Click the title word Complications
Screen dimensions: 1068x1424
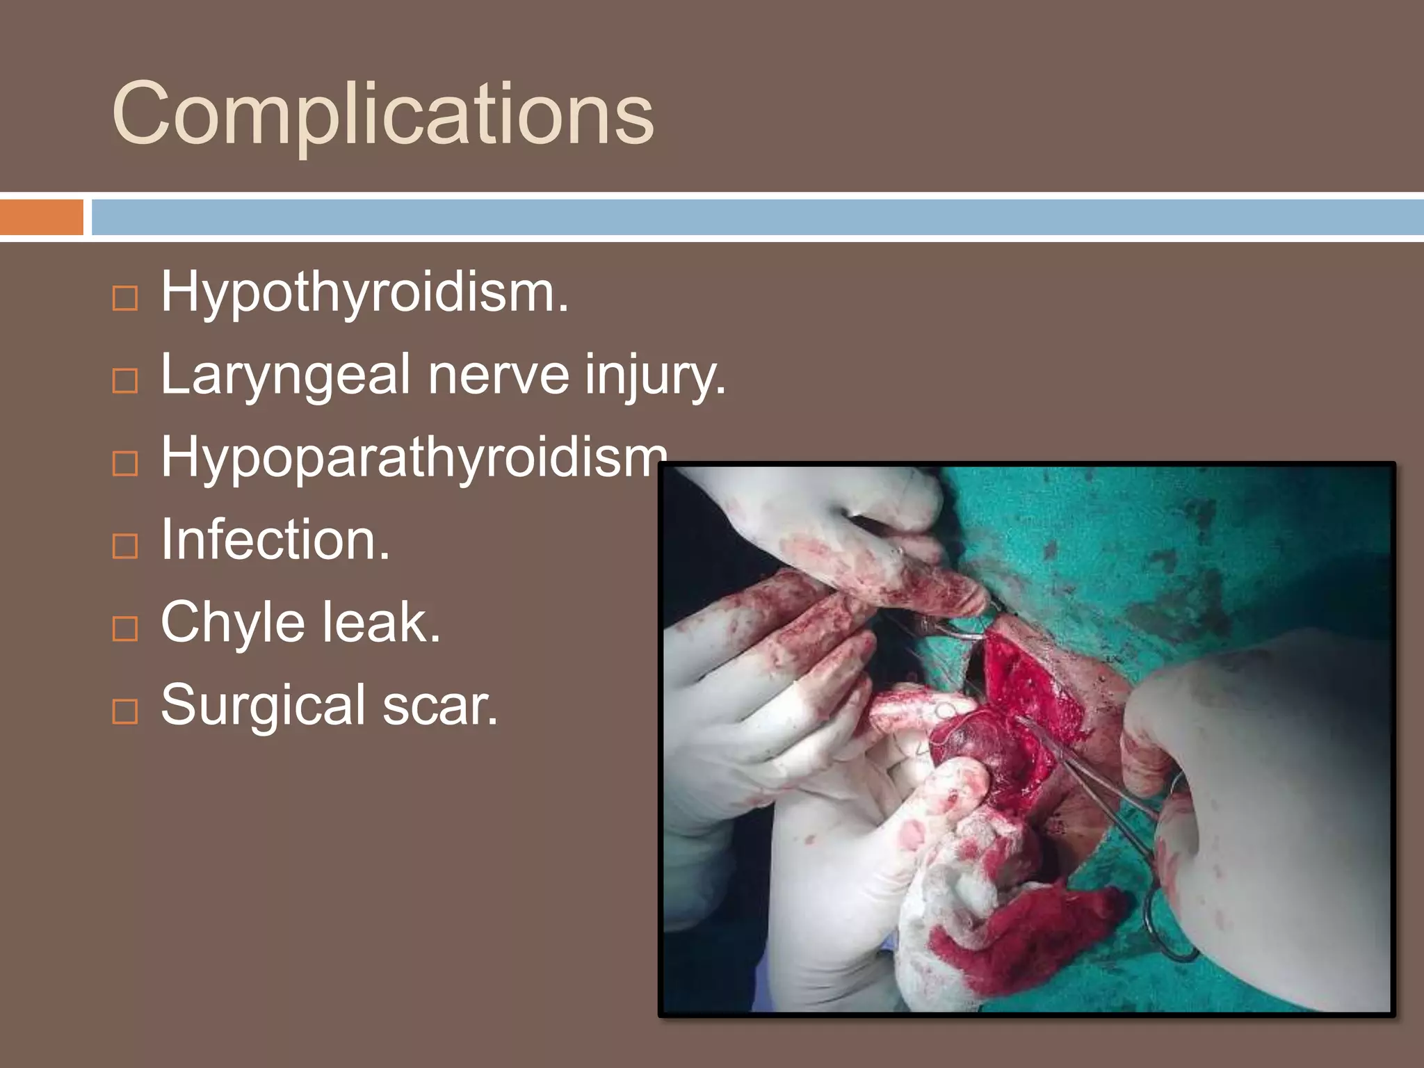coord(382,115)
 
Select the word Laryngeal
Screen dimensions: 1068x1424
coord(285,376)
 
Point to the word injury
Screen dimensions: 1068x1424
coord(654,376)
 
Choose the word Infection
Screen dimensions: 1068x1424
coord(275,540)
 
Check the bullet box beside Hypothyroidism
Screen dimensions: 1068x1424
coord(125,298)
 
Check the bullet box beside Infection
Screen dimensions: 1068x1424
coord(125,547)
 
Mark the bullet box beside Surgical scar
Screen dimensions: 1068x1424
coord(125,711)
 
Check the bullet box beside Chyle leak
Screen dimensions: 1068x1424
coord(125,629)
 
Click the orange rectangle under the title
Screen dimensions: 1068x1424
coord(41,217)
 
